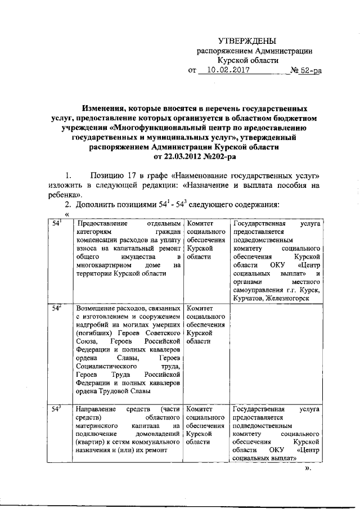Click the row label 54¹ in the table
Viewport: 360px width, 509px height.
[57, 223]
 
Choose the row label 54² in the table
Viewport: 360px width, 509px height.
[57, 308]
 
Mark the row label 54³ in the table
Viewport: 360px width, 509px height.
[57, 409]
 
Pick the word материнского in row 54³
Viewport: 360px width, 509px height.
[100, 426]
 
